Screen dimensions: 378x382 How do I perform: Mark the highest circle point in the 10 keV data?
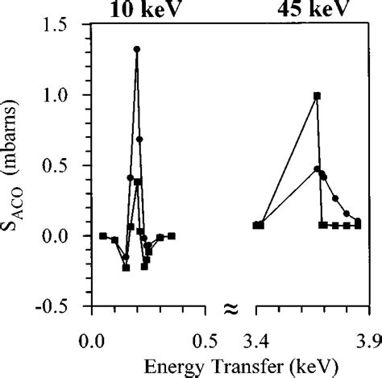click(137, 49)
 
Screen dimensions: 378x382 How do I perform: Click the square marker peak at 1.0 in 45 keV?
click(317, 95)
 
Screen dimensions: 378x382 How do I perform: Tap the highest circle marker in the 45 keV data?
click(317, 169)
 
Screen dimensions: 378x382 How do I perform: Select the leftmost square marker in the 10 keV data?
click(103, 235)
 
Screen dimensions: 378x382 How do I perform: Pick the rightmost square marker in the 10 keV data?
click(172, 235)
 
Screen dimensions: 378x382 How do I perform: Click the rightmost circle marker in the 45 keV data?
click(358, 220)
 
